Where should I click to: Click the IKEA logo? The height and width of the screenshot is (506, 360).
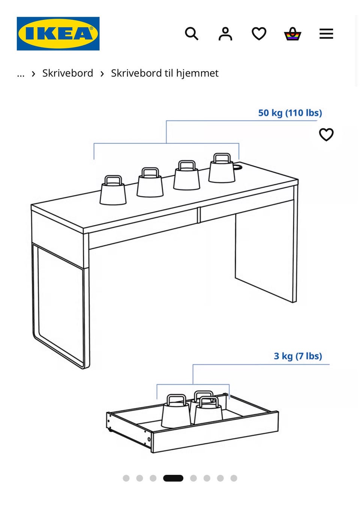click(58, 34)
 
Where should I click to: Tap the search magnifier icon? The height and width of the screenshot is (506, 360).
click(192, 34)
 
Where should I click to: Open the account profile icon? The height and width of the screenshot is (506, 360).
click(225, 34)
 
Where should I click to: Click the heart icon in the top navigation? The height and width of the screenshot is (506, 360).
click(259, 34)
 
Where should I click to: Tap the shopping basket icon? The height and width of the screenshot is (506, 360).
click(292, 34)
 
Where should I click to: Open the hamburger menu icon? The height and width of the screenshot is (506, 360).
click(326, 34)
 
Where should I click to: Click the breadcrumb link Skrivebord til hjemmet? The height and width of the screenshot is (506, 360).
click(165, 73)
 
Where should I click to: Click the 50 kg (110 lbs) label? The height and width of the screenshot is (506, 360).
click(290, 113)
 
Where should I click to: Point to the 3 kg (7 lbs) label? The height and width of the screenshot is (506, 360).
click(298, 356)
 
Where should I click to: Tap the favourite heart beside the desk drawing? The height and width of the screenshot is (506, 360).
click(326, 135)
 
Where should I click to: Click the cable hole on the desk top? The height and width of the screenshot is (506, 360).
click(237, 167)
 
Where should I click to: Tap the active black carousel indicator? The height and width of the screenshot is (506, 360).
click(173, 478)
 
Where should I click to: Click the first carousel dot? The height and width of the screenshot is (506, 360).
click(126, 478)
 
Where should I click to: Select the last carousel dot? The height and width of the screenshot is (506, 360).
click(234, 478)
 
